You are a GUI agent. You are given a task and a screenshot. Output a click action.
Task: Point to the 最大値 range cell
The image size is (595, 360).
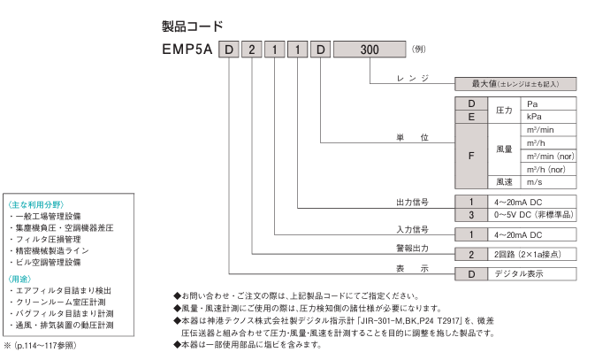(x=515, y=84)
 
